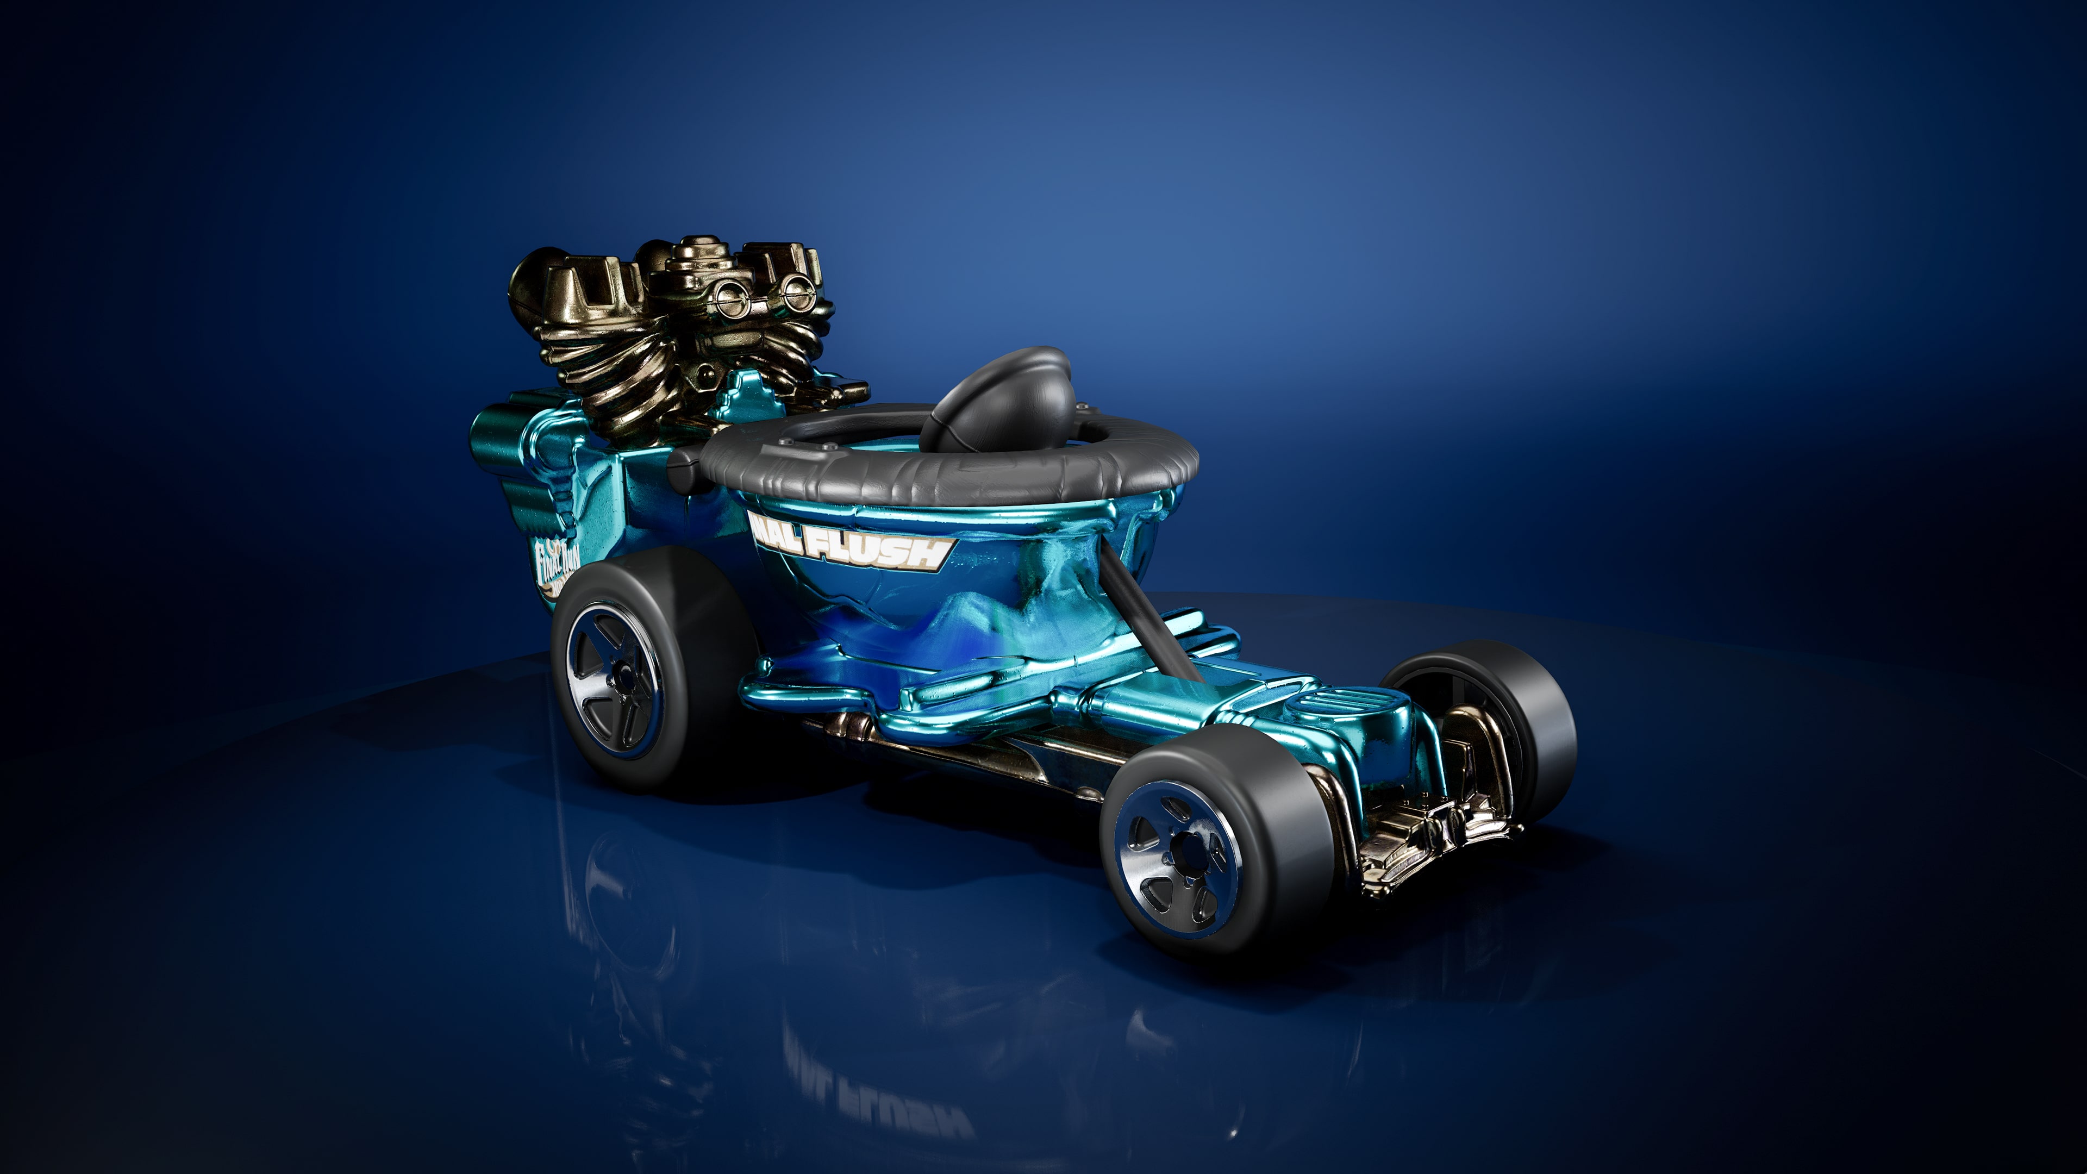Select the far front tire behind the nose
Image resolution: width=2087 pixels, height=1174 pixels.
[1523, 713]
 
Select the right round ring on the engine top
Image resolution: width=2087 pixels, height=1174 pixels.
[798, 285]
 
